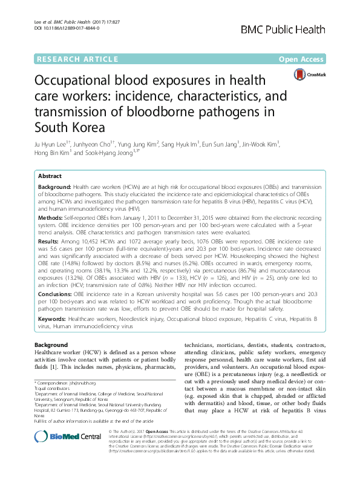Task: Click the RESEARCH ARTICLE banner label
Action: click(77, 59)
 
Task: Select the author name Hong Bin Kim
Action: click(54, 154)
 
